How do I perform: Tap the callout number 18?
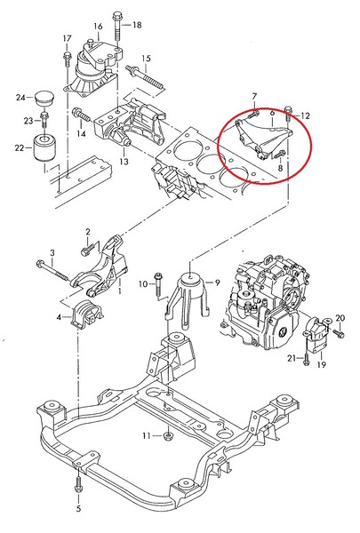(136, 25)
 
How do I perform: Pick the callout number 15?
(147, 58)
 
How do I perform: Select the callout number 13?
(124, 162)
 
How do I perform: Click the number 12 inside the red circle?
(306, 115)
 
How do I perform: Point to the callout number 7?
(253, 96)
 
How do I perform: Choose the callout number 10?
(140, 283)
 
